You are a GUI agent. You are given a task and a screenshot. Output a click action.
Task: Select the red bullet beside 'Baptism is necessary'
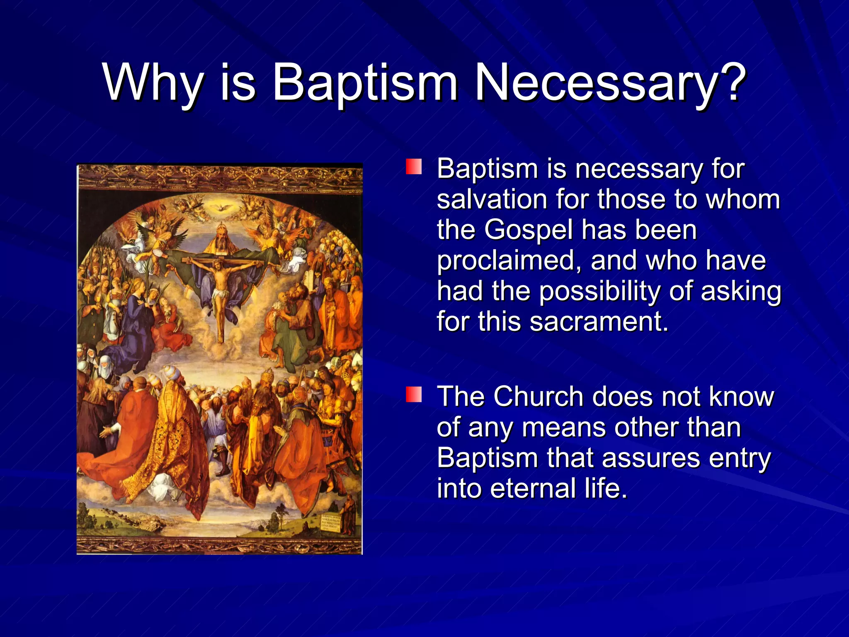pyautogui.click(x=414, y=167)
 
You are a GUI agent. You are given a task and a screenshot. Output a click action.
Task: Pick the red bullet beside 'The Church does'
pyautogui.click(x=414, y=394)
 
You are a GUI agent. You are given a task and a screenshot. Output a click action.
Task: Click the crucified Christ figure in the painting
pyautogui.click(x=220, y=286)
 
